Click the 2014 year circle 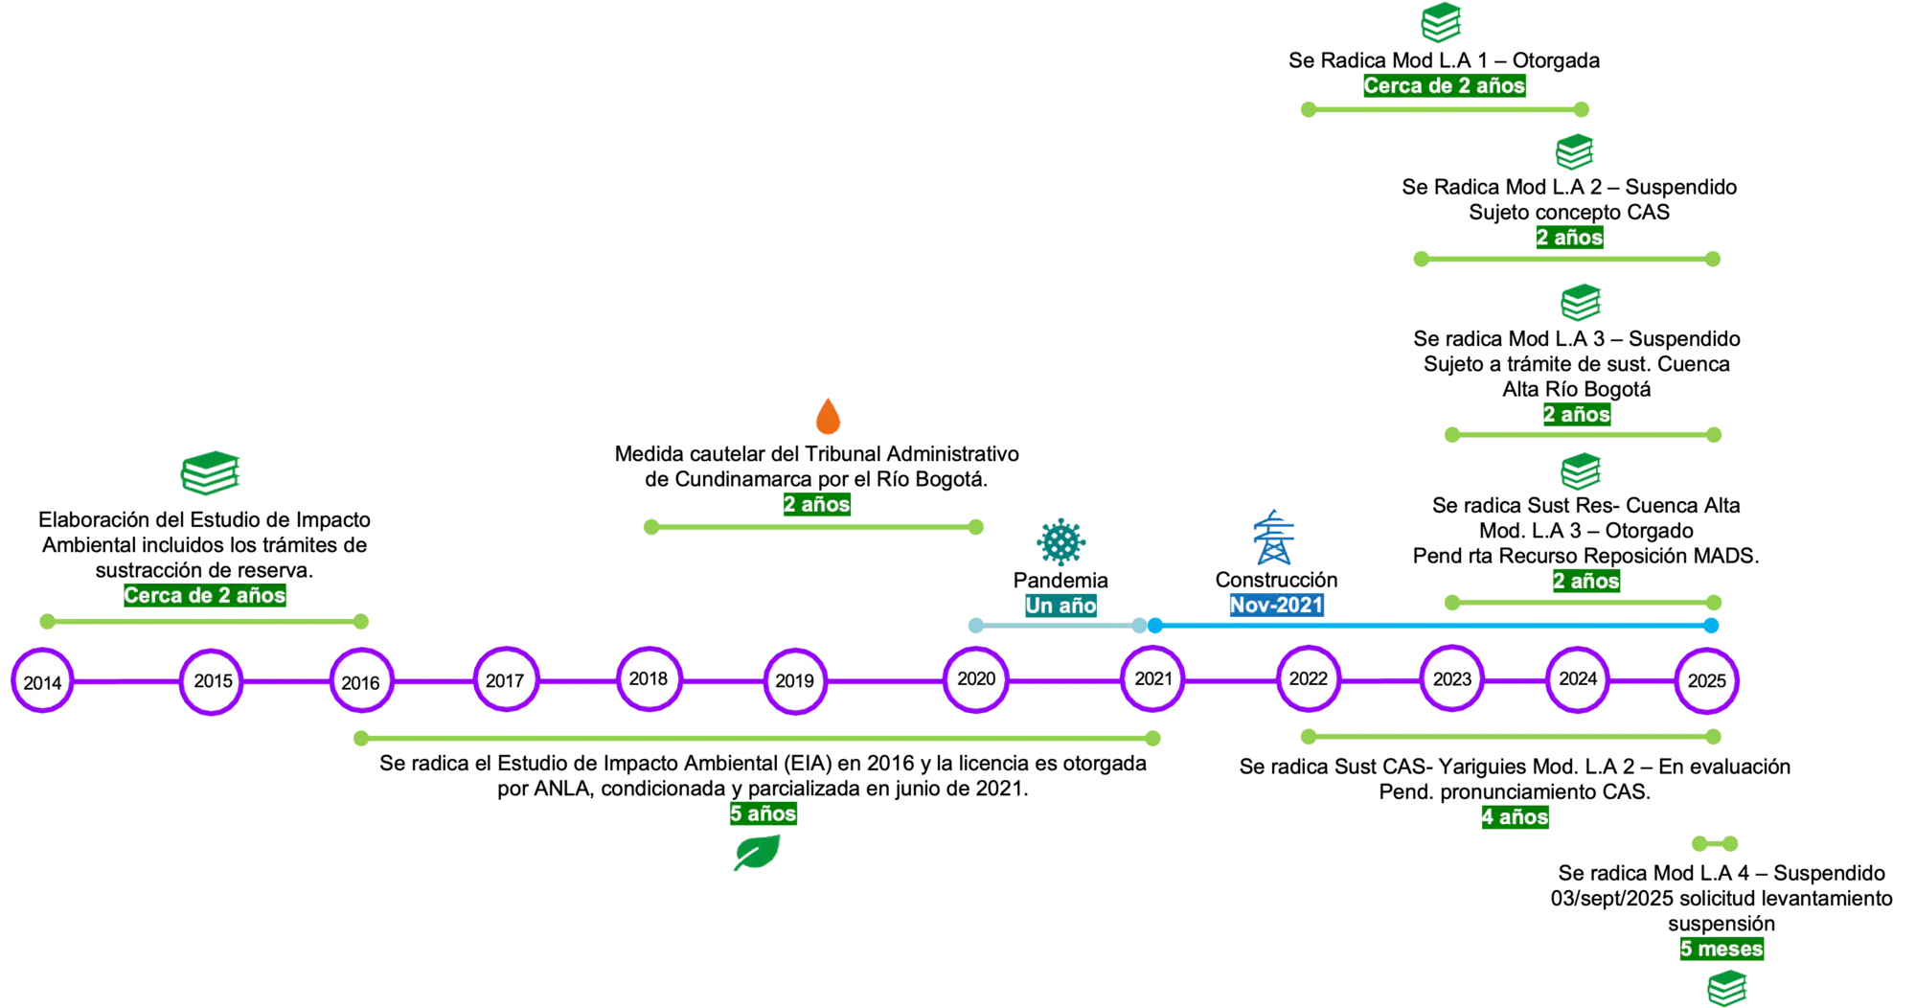[x=42, y=682]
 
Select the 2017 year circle [x=505, y=680]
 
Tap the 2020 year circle [x=976, y=679]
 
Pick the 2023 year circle [x=1451, y=679]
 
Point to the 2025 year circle [x=1706, y=680]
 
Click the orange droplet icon [x=828, y=416]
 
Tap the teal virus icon [x=1060, y=541]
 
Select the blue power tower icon [x=1274, y=538]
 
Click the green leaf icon [x=757, y=852]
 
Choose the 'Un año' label [x=1060, y=606]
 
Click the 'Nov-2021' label [x=1276, y=605]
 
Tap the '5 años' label [x=764, y=813]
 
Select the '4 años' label [x=1515, y=817]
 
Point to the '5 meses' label [x=1721, y=949]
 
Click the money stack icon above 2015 [x=211, y=471]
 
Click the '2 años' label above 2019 [x=816, y=504]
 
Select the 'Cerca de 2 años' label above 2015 [x=204, y=595]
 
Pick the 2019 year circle [x=794, y=681]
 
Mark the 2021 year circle [x=1153, y=679]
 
